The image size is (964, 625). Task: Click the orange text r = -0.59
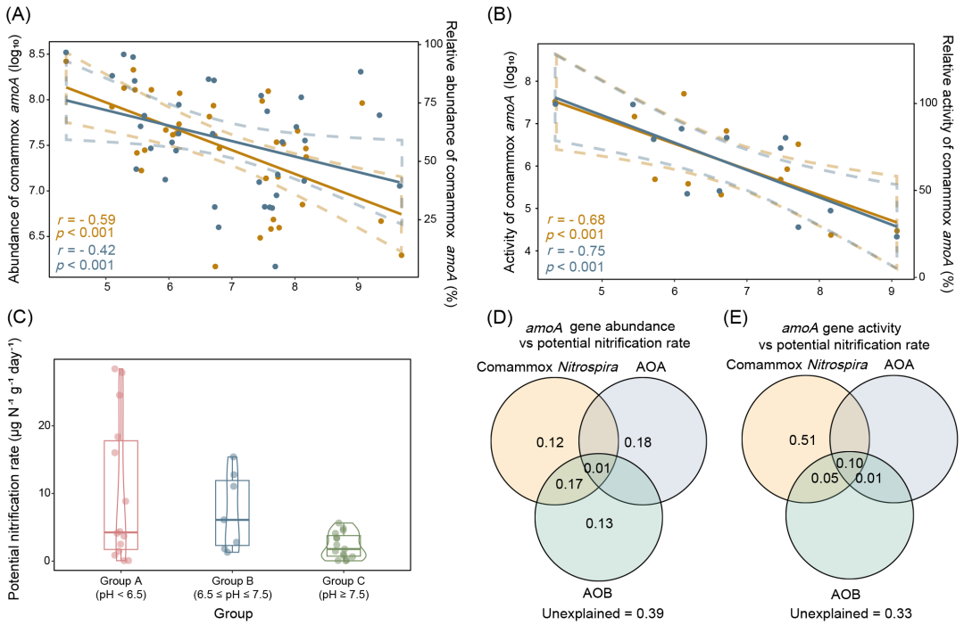tap(86, 219)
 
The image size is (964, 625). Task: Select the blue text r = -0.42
tap(86, 251)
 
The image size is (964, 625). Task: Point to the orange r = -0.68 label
tap(576, 219)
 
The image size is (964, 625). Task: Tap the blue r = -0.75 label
tap(576, 251)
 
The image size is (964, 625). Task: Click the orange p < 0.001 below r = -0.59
tap(85, 233)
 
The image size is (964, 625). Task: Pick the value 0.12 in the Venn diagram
tap(550, 442)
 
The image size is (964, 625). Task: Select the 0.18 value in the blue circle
tap(638, 442)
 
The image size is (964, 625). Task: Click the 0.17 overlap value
tap(569, 484)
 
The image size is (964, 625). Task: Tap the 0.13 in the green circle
tap(599, 523)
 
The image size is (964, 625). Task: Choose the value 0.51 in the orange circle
tap(802, 440)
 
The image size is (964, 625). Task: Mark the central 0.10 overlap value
tap(849, 463)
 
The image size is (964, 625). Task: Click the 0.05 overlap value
tap(824, 478)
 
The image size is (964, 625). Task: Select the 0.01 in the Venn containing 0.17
tap(597, 469)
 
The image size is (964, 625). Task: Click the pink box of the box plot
tap(121, 495)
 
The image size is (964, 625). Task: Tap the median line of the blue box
tap(232, 519)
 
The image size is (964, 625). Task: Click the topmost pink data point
tap(115, 368)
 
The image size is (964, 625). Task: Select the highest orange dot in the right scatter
tap(684, 94)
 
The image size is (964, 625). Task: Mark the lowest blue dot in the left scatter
tap(275, 267)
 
